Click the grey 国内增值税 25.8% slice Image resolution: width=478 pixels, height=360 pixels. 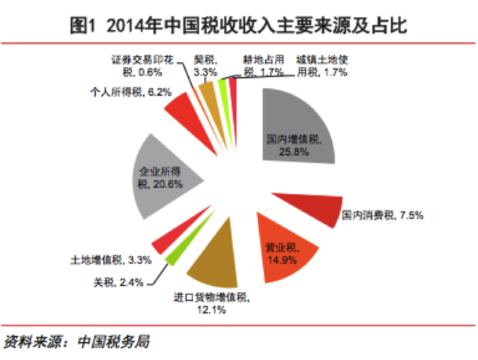click(296, 127)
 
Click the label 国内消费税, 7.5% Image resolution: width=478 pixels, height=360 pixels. click(382, 216)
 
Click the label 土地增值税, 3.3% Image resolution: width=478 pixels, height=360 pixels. click(111, 260)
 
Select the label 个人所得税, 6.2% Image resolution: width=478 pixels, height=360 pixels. click(130, 93)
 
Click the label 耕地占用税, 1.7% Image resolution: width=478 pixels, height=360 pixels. click(261, 65)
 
